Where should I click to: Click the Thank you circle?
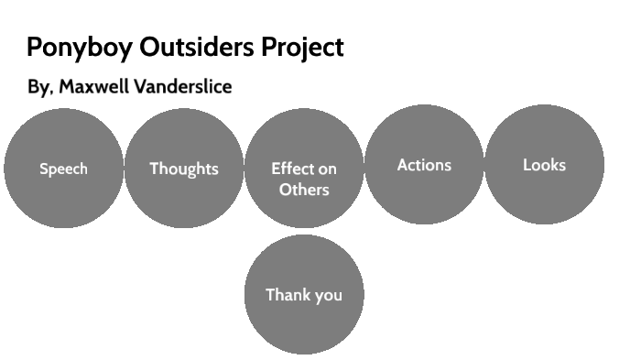tap(304, 321)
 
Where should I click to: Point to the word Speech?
tap(63, 169)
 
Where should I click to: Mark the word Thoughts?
tap(183, 169)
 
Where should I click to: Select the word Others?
tap(304, 191)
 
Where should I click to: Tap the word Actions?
tap(424, 166)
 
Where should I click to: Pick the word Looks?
tap(544, 166)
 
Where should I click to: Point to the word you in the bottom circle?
tap(327, 296)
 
